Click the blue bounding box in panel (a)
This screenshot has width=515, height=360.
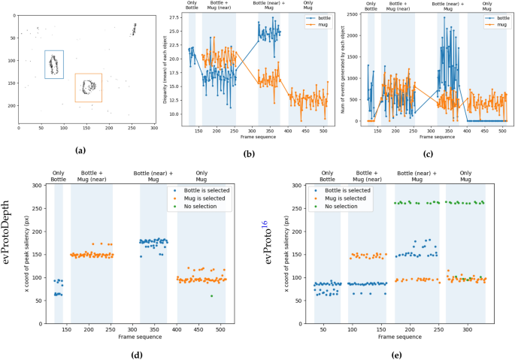[x=53, y=64]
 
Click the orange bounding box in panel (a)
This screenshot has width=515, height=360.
[x=88, y=87]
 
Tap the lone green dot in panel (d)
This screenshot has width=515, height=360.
[x=211, y=296]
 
